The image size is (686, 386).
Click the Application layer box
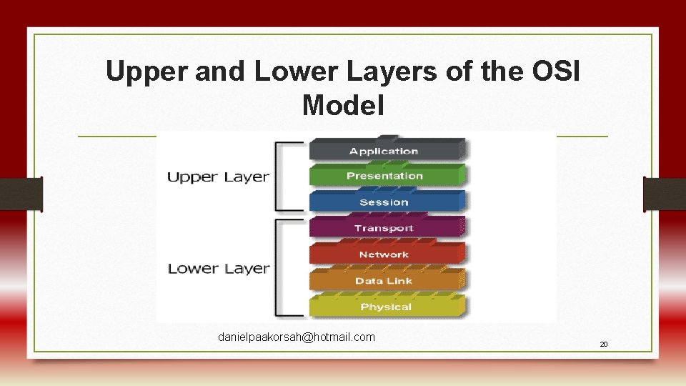[x=384, y=151]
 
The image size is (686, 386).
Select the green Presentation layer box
[x=384, y=176]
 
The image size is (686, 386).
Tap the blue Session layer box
[x=384, y=202]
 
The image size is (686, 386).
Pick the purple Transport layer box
[x=384, y=228]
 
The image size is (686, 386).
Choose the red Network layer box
[x=384, y=254]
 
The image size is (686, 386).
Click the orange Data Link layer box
[x=384, y=281]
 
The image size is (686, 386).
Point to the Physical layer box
[x=386, y=307]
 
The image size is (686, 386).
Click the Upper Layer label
[x=218, y=177]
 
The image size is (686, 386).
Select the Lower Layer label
[x=218, y=269]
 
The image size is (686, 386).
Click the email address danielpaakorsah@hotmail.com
[x=297, y=337]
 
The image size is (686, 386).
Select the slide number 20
[x=604, y=345]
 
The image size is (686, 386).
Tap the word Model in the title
[x=343, y=106]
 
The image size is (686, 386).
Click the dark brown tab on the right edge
[x=665, y=194]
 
